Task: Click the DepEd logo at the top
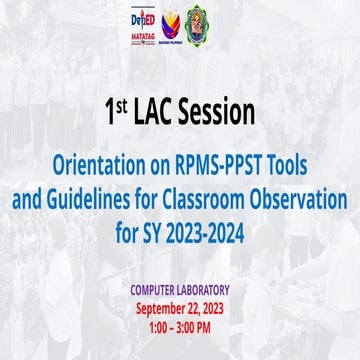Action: pyautogui.click(x=144, y=22)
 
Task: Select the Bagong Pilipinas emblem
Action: pyautogui.click(x=176, y=28)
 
